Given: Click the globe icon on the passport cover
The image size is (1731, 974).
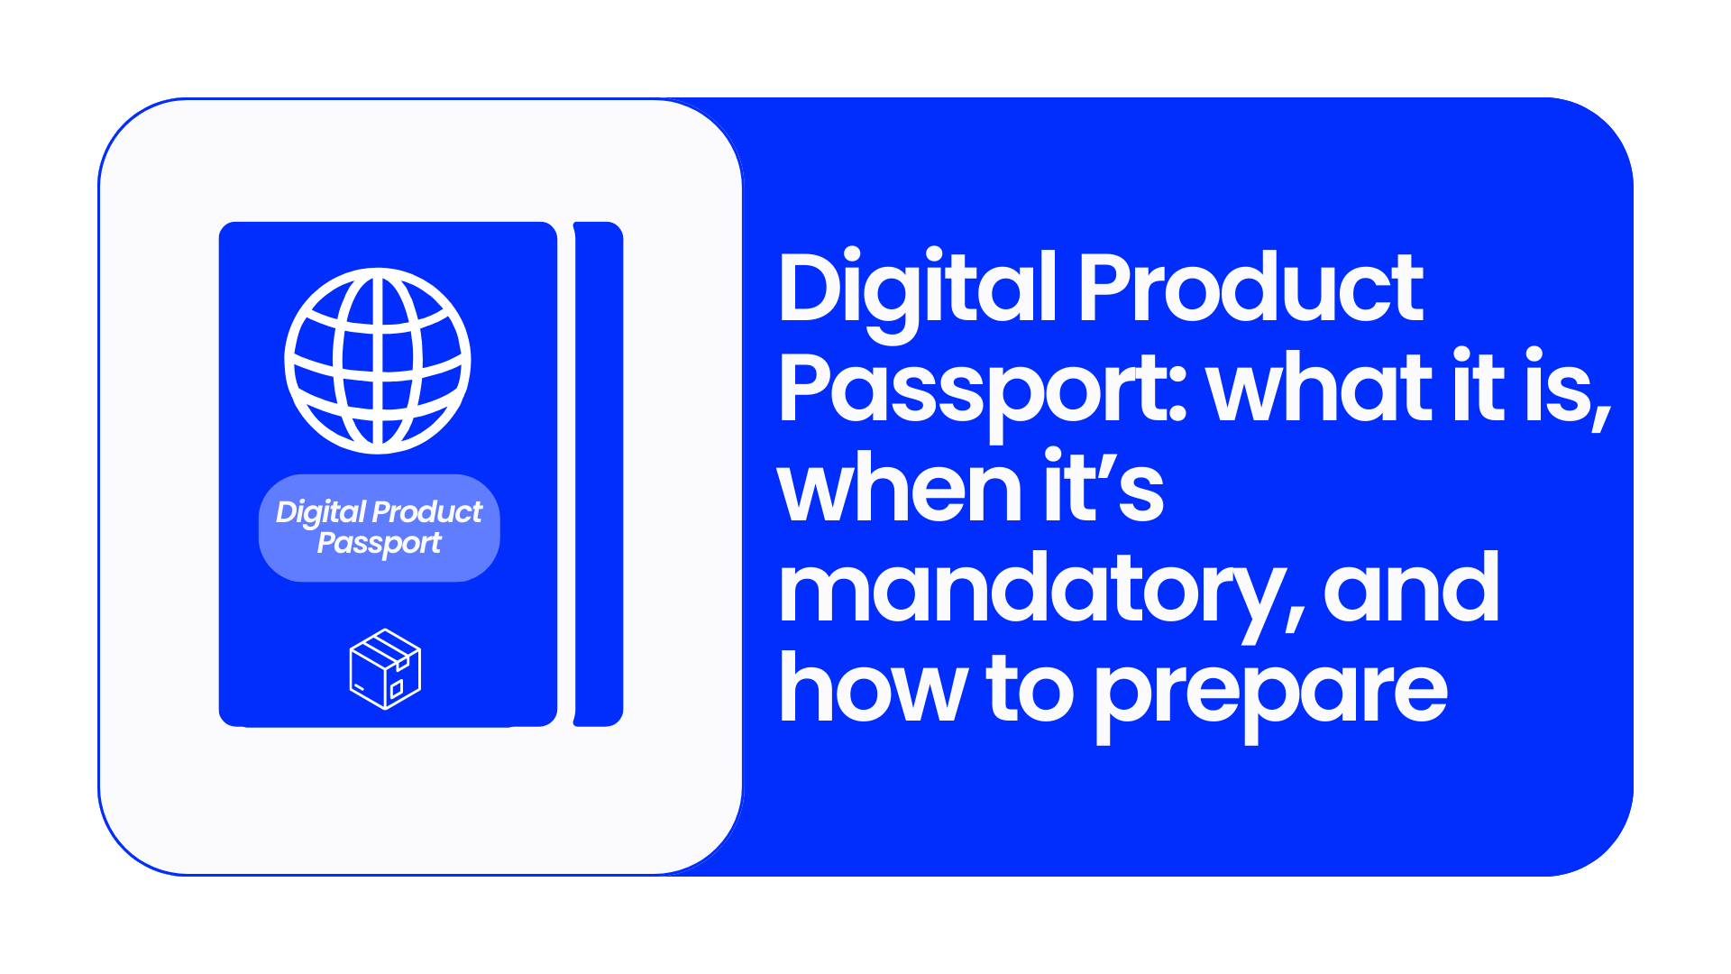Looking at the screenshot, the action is tap(378, 360).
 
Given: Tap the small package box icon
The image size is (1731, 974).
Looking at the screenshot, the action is tap(385, 669).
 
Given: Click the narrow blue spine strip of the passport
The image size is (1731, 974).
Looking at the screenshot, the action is tap(599, 473).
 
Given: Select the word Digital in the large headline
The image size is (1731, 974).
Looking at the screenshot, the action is tap(918, 293).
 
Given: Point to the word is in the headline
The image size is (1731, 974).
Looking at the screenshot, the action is tap(1567, 388).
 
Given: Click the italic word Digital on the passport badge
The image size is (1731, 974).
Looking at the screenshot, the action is tap(321, 513).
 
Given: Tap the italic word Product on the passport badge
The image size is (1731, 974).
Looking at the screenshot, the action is tap(428, 511).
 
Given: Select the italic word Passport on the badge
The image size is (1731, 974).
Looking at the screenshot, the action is tap(380, 544).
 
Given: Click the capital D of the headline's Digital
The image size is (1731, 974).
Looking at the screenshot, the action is tap(815, 287).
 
